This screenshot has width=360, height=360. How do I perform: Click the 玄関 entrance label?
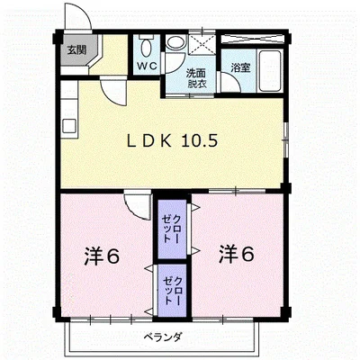tap(75, 50)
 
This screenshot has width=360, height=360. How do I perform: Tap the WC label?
tap(147, 66)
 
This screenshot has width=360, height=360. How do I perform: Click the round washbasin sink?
tap(176, 44)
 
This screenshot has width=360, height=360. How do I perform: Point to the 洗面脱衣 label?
tap(197, 76)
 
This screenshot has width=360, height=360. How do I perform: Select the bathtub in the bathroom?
tap(268, 60)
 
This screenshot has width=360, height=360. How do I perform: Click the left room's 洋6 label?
tap(101, 256)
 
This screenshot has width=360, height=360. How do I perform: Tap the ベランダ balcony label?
tap(163, 337)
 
